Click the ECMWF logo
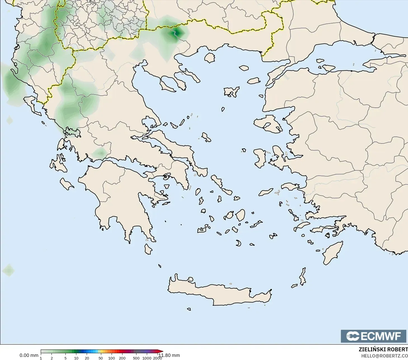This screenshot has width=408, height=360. [x=373, y=336]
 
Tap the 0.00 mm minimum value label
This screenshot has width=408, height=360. [x=29, y=355]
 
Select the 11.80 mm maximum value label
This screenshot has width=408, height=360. [x=169, y=355]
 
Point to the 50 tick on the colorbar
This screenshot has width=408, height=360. [x=100, y=358]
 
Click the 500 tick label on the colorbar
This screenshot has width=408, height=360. [x=136, y=358]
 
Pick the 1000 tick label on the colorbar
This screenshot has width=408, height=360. [x=147, y=358]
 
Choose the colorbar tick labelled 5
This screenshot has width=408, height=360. [x=65, y=358]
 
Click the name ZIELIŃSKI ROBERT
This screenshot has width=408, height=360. [x=383, y=349]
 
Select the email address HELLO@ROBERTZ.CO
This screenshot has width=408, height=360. [x=385, y=356]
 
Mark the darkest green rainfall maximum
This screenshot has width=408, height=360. [x=176, y=33]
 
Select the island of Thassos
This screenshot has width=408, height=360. [x=209, y=58]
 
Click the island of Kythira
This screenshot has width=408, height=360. [x=148, y=249]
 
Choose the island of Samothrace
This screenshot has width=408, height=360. [x=244, y=68]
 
